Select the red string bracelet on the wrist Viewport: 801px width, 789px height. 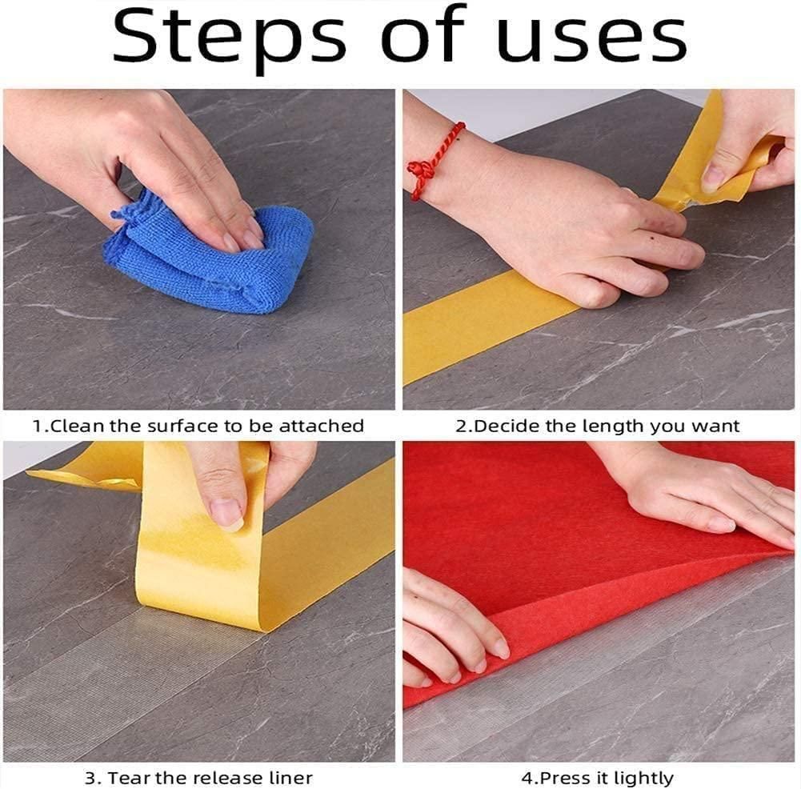(432, 160)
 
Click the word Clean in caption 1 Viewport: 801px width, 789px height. (78, 427)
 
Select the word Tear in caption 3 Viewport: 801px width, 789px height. (127, 777)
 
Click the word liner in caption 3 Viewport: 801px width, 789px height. (289, 777)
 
